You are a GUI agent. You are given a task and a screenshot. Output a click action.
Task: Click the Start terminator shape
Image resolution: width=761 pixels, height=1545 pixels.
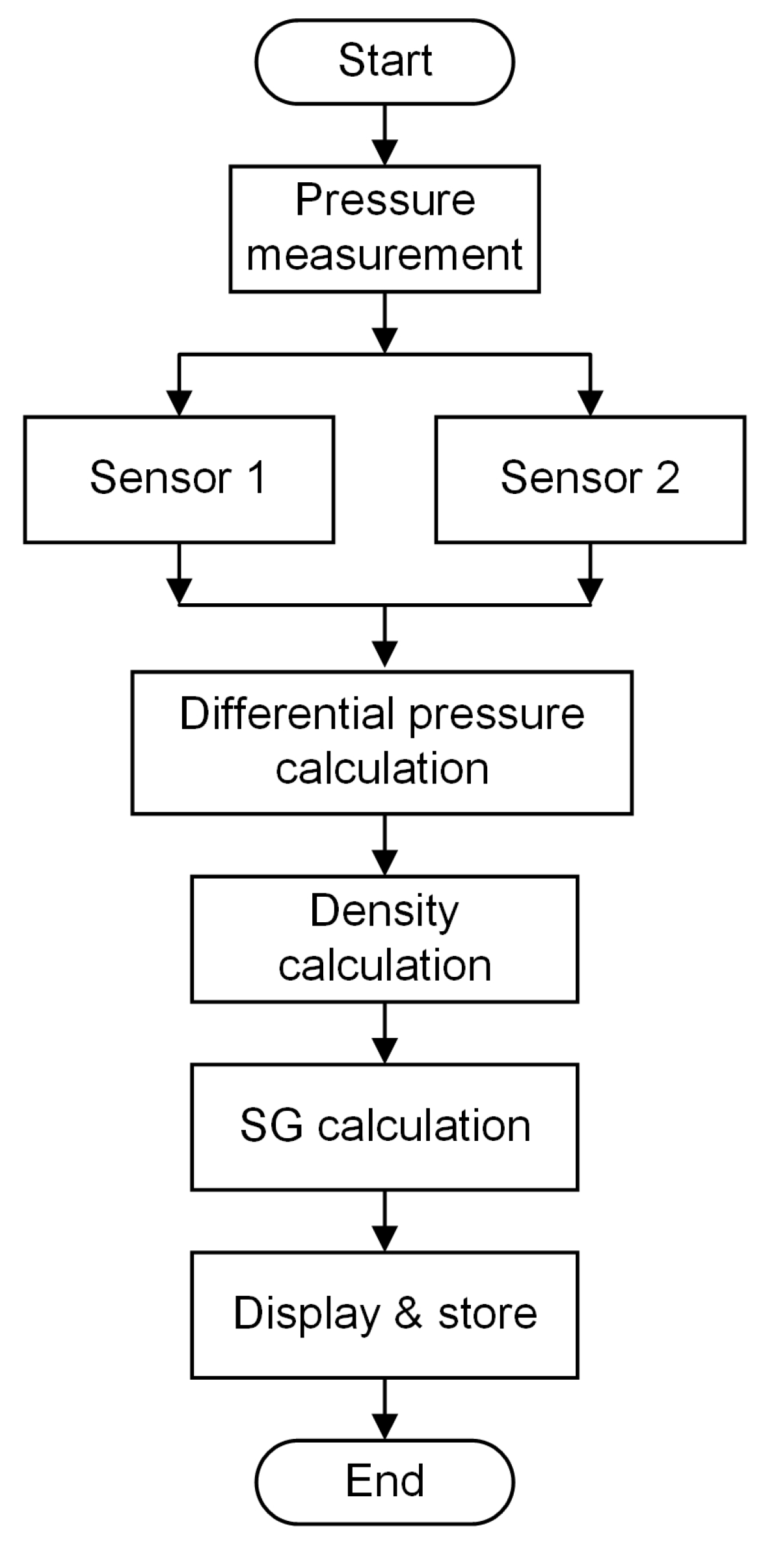[x=384, y=61]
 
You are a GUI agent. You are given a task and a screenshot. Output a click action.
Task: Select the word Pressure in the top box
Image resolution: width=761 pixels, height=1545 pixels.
[x=385, y=200]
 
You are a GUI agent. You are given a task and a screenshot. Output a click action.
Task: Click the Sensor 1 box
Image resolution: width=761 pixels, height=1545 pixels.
[x=179, y=479]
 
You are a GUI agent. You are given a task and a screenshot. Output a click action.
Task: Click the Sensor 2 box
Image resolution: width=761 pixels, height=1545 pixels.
[x=590, y=479]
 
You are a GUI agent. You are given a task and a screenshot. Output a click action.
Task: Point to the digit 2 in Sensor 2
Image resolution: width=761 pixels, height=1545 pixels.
[x=668, y=478]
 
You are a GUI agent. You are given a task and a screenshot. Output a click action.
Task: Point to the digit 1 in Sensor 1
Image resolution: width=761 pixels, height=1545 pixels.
[x=256, y=478]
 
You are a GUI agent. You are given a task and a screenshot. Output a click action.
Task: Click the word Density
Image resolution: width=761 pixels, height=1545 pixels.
[x=384, y=910]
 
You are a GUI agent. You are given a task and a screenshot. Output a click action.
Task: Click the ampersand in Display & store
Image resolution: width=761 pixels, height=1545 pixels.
[x=408, y=1313]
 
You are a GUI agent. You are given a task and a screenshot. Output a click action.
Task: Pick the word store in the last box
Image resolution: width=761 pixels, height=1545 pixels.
[x=487, y=1313]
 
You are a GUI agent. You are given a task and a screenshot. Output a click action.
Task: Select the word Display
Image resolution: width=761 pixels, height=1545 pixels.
[x=306, y=1314]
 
